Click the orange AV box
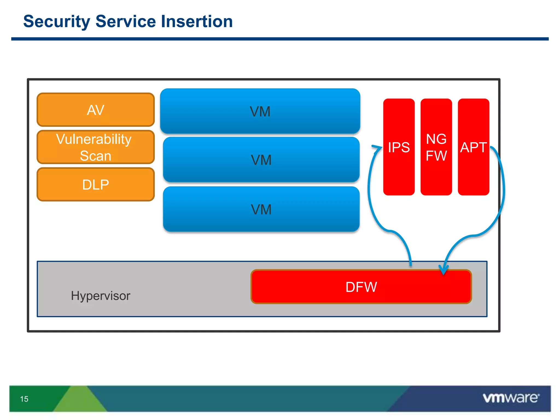pyautogui.click(x=95, y=110)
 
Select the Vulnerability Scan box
pyautogui.click(x=95, y=147)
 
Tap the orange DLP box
pyautogui.click(x=95, y=185)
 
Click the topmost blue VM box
pyautogui.click(x=260, y=111)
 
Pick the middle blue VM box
pyautogui.click(x=261, y=160)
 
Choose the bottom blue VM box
pyautogui.click(x=261, y=209)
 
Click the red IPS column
pyautogui.click(x=399, y=147)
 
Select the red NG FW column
pyautogui.click(x=436, y=147)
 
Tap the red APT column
pyautogui.click(x=473, y=147)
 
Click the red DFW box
pyautogui.click(x=361, y=287)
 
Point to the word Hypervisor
pyautogui.click(x=101, y=296)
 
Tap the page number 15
pyautogui.click(x=24, y=399)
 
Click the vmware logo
pyautogui.click(x=511, y=398)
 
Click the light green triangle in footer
pyautogui.click(x=80, y=400)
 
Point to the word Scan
pyautogui.click(x=95, y=156)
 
